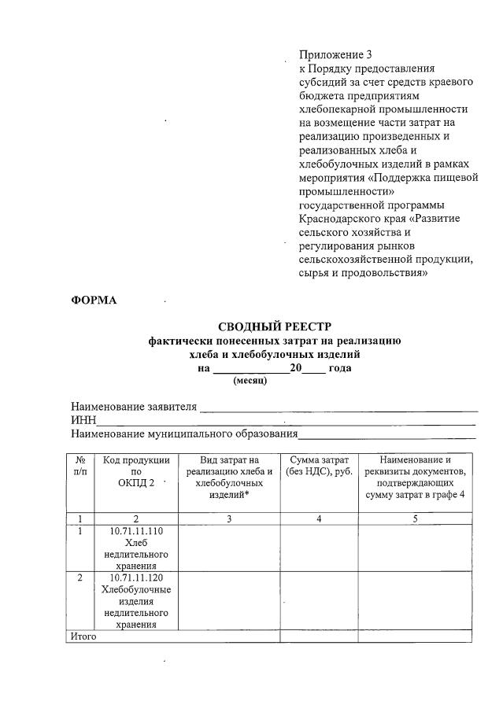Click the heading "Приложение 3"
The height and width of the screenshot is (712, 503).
(335, 55)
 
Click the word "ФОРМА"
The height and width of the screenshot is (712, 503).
(94, 301)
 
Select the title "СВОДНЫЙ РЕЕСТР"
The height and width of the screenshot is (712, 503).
(275, 326)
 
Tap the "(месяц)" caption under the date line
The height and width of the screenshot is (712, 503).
(250, 381)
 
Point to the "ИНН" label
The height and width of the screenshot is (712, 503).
(83, 422)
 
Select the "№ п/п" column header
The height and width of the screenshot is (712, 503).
(80, 465)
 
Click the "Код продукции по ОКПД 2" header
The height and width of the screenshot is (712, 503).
(136, 471)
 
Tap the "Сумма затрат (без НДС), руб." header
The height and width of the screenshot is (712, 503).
(320, 465)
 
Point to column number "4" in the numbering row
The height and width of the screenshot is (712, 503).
(319, 518)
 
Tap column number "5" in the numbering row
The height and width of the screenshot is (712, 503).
(415, 518)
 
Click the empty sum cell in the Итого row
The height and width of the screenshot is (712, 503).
(319, 636)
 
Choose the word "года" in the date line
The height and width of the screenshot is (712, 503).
(340, 368)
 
